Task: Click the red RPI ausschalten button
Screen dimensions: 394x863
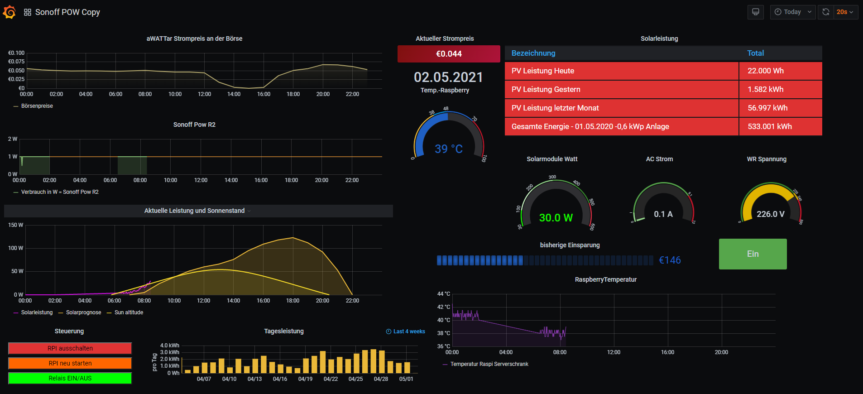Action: [70, 348]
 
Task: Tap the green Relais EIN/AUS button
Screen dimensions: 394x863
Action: [70, 378]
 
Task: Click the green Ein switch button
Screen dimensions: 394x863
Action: [753, 254]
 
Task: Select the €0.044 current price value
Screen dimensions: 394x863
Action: [449, 54]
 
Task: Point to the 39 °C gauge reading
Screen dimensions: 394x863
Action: [448, 149]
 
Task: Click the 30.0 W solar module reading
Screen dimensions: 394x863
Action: [556, 218]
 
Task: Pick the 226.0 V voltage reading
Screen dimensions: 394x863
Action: [770, 214]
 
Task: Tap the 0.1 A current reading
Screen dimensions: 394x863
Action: [663, 214]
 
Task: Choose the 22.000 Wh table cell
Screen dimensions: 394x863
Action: [765, 71]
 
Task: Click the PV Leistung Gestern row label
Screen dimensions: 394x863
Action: [546, 90]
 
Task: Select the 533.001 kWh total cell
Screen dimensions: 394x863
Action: [769, 127]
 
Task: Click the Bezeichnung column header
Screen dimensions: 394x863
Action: [533, 53]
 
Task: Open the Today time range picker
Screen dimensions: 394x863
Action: [792, 12]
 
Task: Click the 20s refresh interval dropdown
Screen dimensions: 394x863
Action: [845, 12]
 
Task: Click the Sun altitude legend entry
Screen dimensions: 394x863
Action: [129, 312]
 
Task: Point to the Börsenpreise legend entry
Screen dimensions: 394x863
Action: [37, 106]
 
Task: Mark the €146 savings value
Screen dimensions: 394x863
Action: [670, 260]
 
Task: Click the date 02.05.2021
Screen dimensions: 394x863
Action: [448, 77]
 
